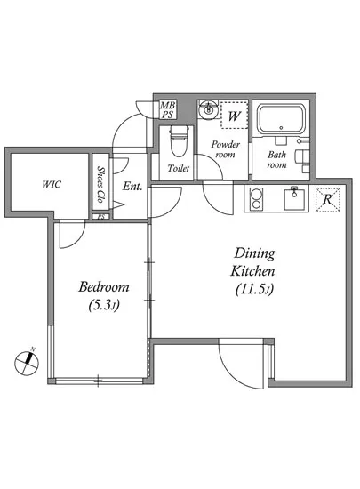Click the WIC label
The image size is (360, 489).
pos(52,184)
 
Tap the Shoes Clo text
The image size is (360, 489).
pos(100,184)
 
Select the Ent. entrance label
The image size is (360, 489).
pos(132,187)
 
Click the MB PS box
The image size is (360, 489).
pos(168,109)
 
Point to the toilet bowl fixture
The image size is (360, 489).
pos(179,141)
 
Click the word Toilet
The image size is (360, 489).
pos(179,168)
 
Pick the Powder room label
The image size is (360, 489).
pos(226,149)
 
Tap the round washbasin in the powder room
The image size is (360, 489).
pos(208,109)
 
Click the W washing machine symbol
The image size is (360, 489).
pos(235,115)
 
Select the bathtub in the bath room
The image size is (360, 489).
pos(281,119)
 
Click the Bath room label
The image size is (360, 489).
pos(276,159)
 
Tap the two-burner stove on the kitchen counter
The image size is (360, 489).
pos(256,198)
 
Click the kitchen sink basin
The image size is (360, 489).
pos(293,198)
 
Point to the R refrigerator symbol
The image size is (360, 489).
pos(327,199)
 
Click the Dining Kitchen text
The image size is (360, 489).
pos(253,262)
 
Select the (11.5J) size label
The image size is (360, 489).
pos(254,289)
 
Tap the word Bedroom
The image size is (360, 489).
pos(104,286)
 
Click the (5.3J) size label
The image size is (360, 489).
pos(104,305)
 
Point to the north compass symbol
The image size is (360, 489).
pos(28,363)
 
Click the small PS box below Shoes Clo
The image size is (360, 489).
pos(100,216)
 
